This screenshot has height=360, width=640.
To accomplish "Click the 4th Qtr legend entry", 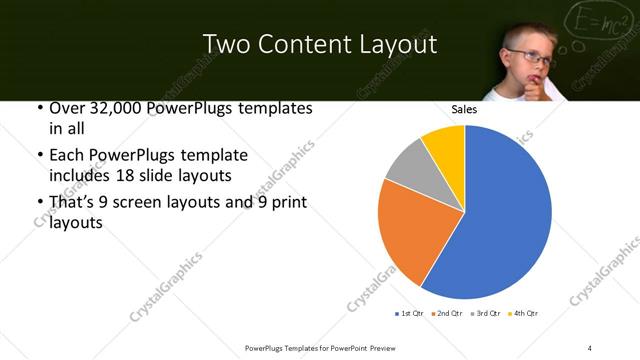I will click(x=524, y=314).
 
